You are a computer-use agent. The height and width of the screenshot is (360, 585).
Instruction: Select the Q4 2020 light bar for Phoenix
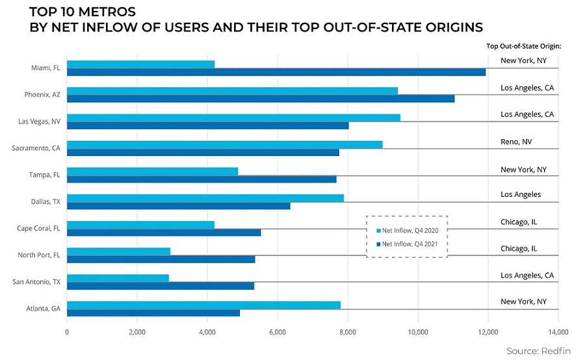pyautogui.click(x=232, y=91)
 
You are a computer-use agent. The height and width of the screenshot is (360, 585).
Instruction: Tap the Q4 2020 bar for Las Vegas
pyautogui.click(x=233, y=118)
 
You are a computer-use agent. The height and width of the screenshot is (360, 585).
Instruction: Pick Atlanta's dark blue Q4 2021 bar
pyautogui.click(x=153, y=313)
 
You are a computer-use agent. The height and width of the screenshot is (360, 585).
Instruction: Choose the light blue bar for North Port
pyautogui.click(x=118, y=251)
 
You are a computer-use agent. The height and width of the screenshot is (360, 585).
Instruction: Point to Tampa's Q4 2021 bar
pyautogui.click(x=201, y=179)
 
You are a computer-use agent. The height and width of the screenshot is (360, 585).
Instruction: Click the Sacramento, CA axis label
pyautogui.click(x=36, y=148)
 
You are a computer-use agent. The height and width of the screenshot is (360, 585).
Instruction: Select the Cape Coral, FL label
pyautogui.click(x=38, y=228)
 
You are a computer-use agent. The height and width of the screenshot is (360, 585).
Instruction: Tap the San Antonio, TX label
pyautogui.click(x=38, y=282)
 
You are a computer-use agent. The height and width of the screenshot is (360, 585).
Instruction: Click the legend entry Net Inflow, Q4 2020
pyautogui.click(x=408, y=230)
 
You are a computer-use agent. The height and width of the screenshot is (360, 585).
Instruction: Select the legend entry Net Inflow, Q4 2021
pyautogui.click(x=408, y=244)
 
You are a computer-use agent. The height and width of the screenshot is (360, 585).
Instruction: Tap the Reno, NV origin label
pyautogui.click(x=516, y=141)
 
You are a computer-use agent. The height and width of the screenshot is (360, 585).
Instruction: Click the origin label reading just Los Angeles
pyautogui.click(x=521, y=194)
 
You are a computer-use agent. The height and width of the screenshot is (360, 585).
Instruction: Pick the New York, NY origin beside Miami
pyautogui.click(x=523, y=60)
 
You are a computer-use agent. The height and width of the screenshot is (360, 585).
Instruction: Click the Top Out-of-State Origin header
pyautogui.click(x=523, y=46)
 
